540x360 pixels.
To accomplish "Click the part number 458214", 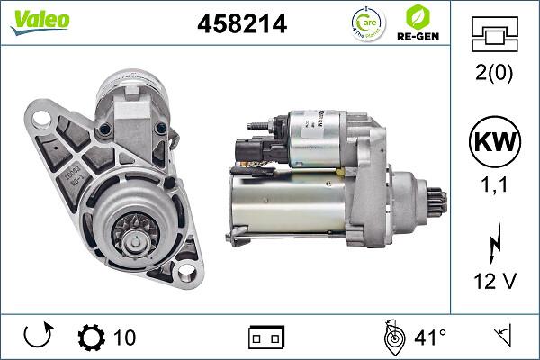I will coord(241,24).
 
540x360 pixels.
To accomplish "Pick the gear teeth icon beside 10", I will coord(91,337).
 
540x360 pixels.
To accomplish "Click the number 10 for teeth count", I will coord(125,337).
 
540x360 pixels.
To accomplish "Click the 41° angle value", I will coord(430,337).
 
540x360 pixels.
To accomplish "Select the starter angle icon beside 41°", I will coord(391,337).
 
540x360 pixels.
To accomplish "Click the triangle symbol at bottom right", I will coord(502,337).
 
